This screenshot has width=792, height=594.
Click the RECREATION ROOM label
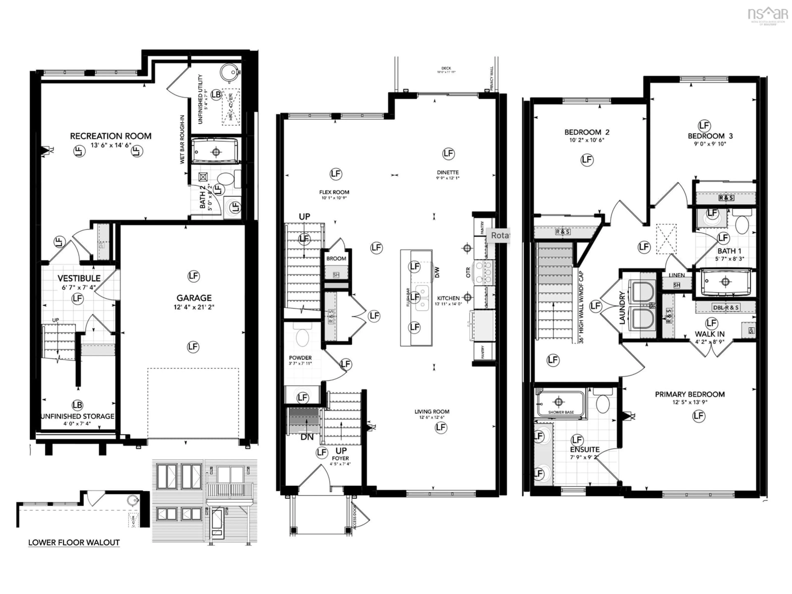point(111,136)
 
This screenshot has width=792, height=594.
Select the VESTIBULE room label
point(79,278)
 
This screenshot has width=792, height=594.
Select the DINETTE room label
point(448,172)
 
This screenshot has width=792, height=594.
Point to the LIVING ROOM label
point(432,412)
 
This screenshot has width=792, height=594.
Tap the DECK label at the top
point(446,68)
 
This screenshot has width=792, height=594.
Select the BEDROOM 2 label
point(587,132)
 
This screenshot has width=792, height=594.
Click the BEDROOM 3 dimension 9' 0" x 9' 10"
point(710,144)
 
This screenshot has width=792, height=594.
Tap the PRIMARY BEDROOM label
point(690,394)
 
